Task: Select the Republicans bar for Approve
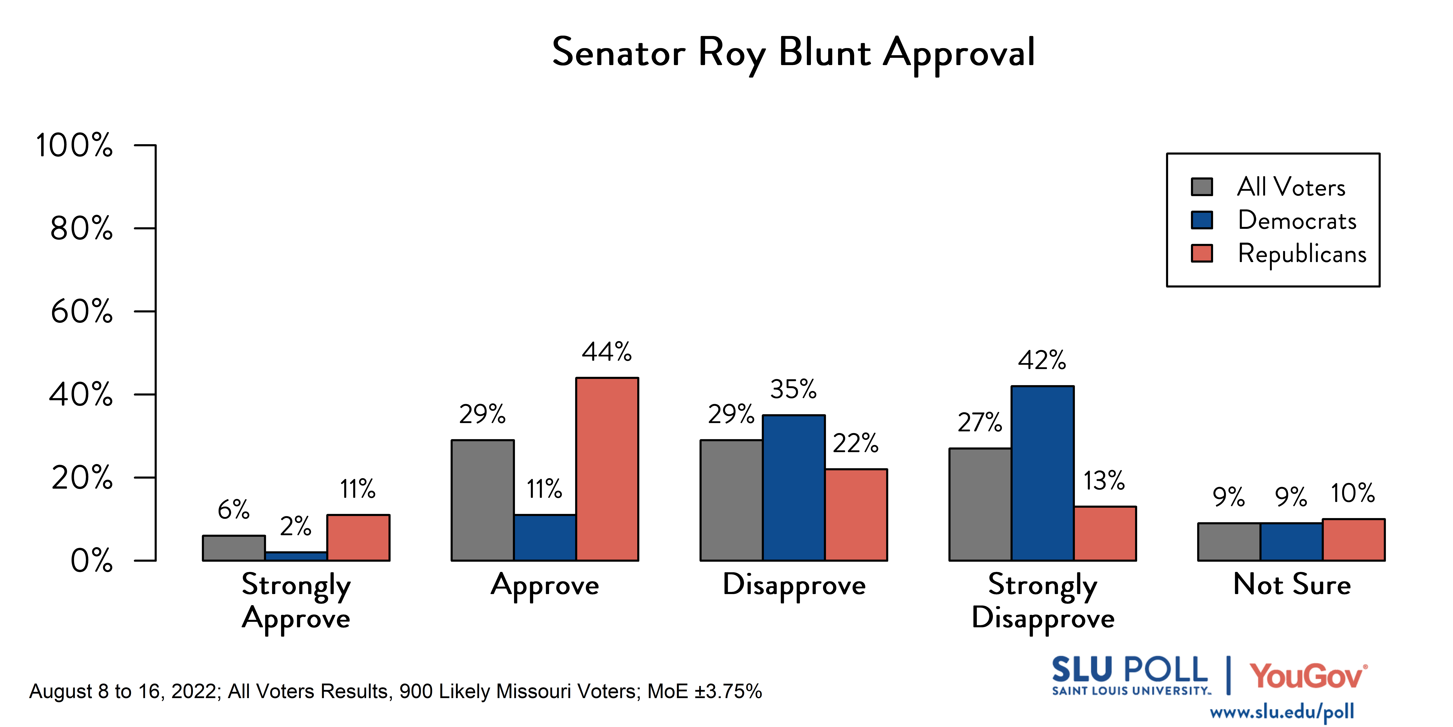click(607, 469)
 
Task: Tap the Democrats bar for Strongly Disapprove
click(1042, 473)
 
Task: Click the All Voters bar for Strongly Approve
click(234, 548)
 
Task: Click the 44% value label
click(607, 352)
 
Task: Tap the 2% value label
click(296, 526)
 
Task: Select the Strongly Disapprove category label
click(1042, 601)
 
